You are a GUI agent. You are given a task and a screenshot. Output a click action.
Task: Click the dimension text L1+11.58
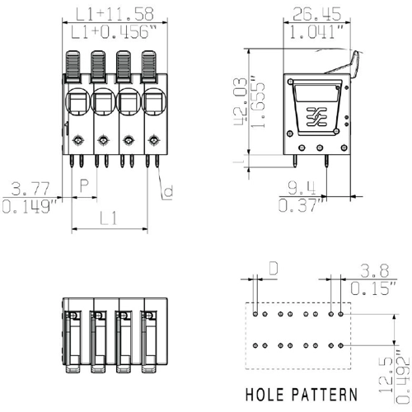(x=115, y=14)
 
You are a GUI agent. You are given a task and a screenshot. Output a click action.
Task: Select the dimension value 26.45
(x=316, y=14)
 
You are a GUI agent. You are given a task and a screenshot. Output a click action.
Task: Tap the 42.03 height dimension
(x=241, y=101)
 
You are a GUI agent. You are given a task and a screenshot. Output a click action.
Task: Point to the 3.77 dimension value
(x=30, y=188)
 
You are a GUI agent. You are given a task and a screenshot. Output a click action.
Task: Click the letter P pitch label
(x=84, y=185)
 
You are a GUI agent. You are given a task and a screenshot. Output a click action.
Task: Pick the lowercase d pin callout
(x=168, y=191)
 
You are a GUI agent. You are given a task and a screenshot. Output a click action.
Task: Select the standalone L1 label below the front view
(x=109, y=218)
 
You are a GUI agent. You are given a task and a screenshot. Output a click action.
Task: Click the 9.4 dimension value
(x=302, y=188)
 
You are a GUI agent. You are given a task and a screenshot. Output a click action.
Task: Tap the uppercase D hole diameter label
(x=273, y=269)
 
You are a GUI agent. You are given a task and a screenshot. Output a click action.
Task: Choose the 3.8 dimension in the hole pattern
(x=375, y=270)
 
